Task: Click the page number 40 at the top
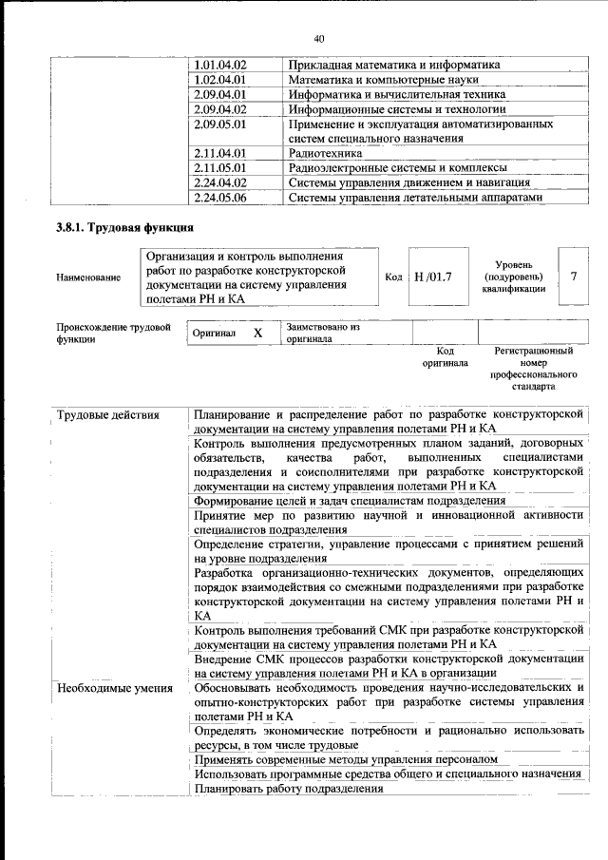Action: point(318,38)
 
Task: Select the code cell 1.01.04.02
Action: point(219,65)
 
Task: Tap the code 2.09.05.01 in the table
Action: point(219,124)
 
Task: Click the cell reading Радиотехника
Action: point(325,153)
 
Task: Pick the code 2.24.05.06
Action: point(219,198)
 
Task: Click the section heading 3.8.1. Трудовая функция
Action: point(125,228)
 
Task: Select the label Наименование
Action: point(88,277)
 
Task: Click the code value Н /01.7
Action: point(434,277)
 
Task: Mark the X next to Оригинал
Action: point(256,334)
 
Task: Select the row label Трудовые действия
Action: point(108,415)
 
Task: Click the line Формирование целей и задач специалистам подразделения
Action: point(349,501)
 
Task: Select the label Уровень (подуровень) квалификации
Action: point(513,277)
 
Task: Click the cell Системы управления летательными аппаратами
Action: point(415,198)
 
